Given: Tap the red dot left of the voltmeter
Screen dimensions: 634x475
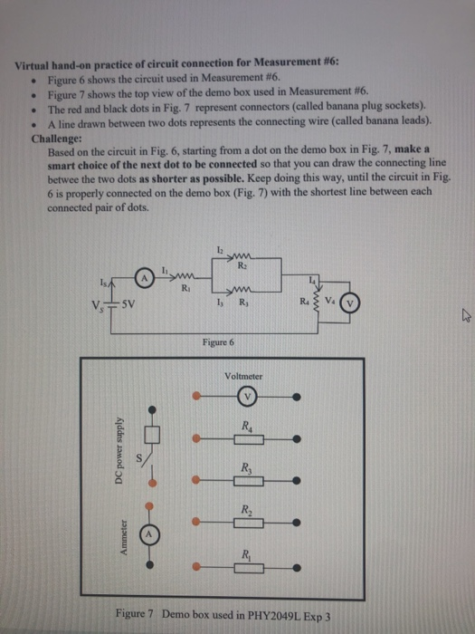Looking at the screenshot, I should tap(198, 395).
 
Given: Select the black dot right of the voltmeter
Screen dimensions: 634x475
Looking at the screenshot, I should tap(298, 396).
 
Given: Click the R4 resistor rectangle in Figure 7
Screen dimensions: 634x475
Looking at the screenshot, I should tap(248, 437).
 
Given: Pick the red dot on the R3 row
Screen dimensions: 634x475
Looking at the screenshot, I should tap(198, 480).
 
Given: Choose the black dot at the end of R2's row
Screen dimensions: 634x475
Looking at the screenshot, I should tap(298, 522).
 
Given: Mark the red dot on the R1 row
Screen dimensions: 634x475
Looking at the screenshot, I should tap(198, 565).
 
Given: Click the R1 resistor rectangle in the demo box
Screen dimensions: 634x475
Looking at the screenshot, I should tap(248, 565).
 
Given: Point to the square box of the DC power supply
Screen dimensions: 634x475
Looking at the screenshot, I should tap(152, 435).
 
